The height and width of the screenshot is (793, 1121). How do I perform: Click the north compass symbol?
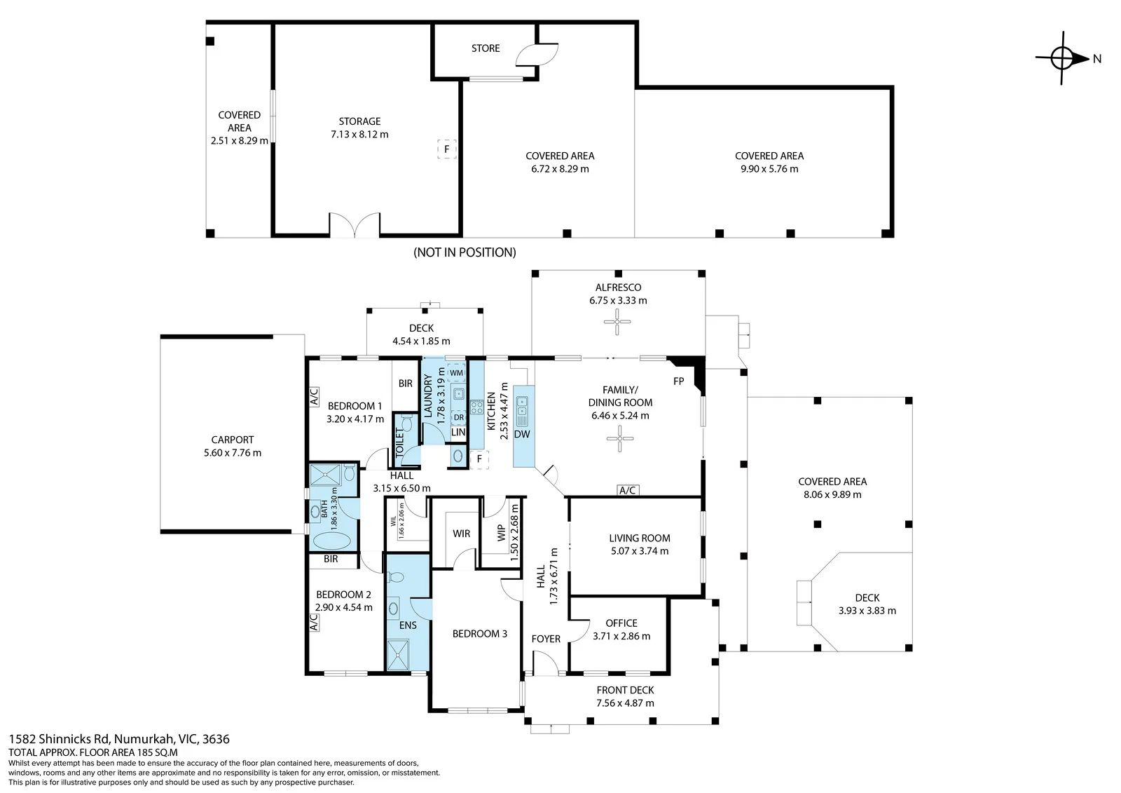click(x=1061, y=58)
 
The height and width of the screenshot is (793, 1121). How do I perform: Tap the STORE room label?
click(x=486, y=48)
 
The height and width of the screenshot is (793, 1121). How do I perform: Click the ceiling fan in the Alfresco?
click(x=617, y=322)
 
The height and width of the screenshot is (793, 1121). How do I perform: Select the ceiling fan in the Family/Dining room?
click(x=619, y=438)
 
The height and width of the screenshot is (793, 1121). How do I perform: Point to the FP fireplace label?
click(x=679, y=381)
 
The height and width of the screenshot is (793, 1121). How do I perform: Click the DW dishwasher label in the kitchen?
click(x=522, y=434)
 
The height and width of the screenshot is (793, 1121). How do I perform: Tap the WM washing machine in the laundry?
click(x=456, y=373)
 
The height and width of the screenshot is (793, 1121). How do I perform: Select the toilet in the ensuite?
click(x=395, y=578)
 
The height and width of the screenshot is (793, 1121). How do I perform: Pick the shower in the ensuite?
click(x=399, y=655)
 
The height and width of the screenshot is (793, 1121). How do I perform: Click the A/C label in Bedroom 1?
click(x=314, y=397)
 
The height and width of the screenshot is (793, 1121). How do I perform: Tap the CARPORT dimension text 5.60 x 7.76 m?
click(x=232, y=453)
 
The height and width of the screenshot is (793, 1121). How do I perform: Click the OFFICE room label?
click(x=621, y=623)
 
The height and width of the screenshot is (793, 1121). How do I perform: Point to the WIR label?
click(x=462, y=534)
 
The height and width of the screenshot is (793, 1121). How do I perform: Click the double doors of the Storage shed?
click(x=355, y=225)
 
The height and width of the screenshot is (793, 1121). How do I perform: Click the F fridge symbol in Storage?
click(x=447, y=149)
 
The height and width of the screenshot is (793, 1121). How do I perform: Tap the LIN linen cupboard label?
click(x=458, y=433)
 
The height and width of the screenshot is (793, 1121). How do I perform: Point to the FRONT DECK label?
click(x=625, y=691)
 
